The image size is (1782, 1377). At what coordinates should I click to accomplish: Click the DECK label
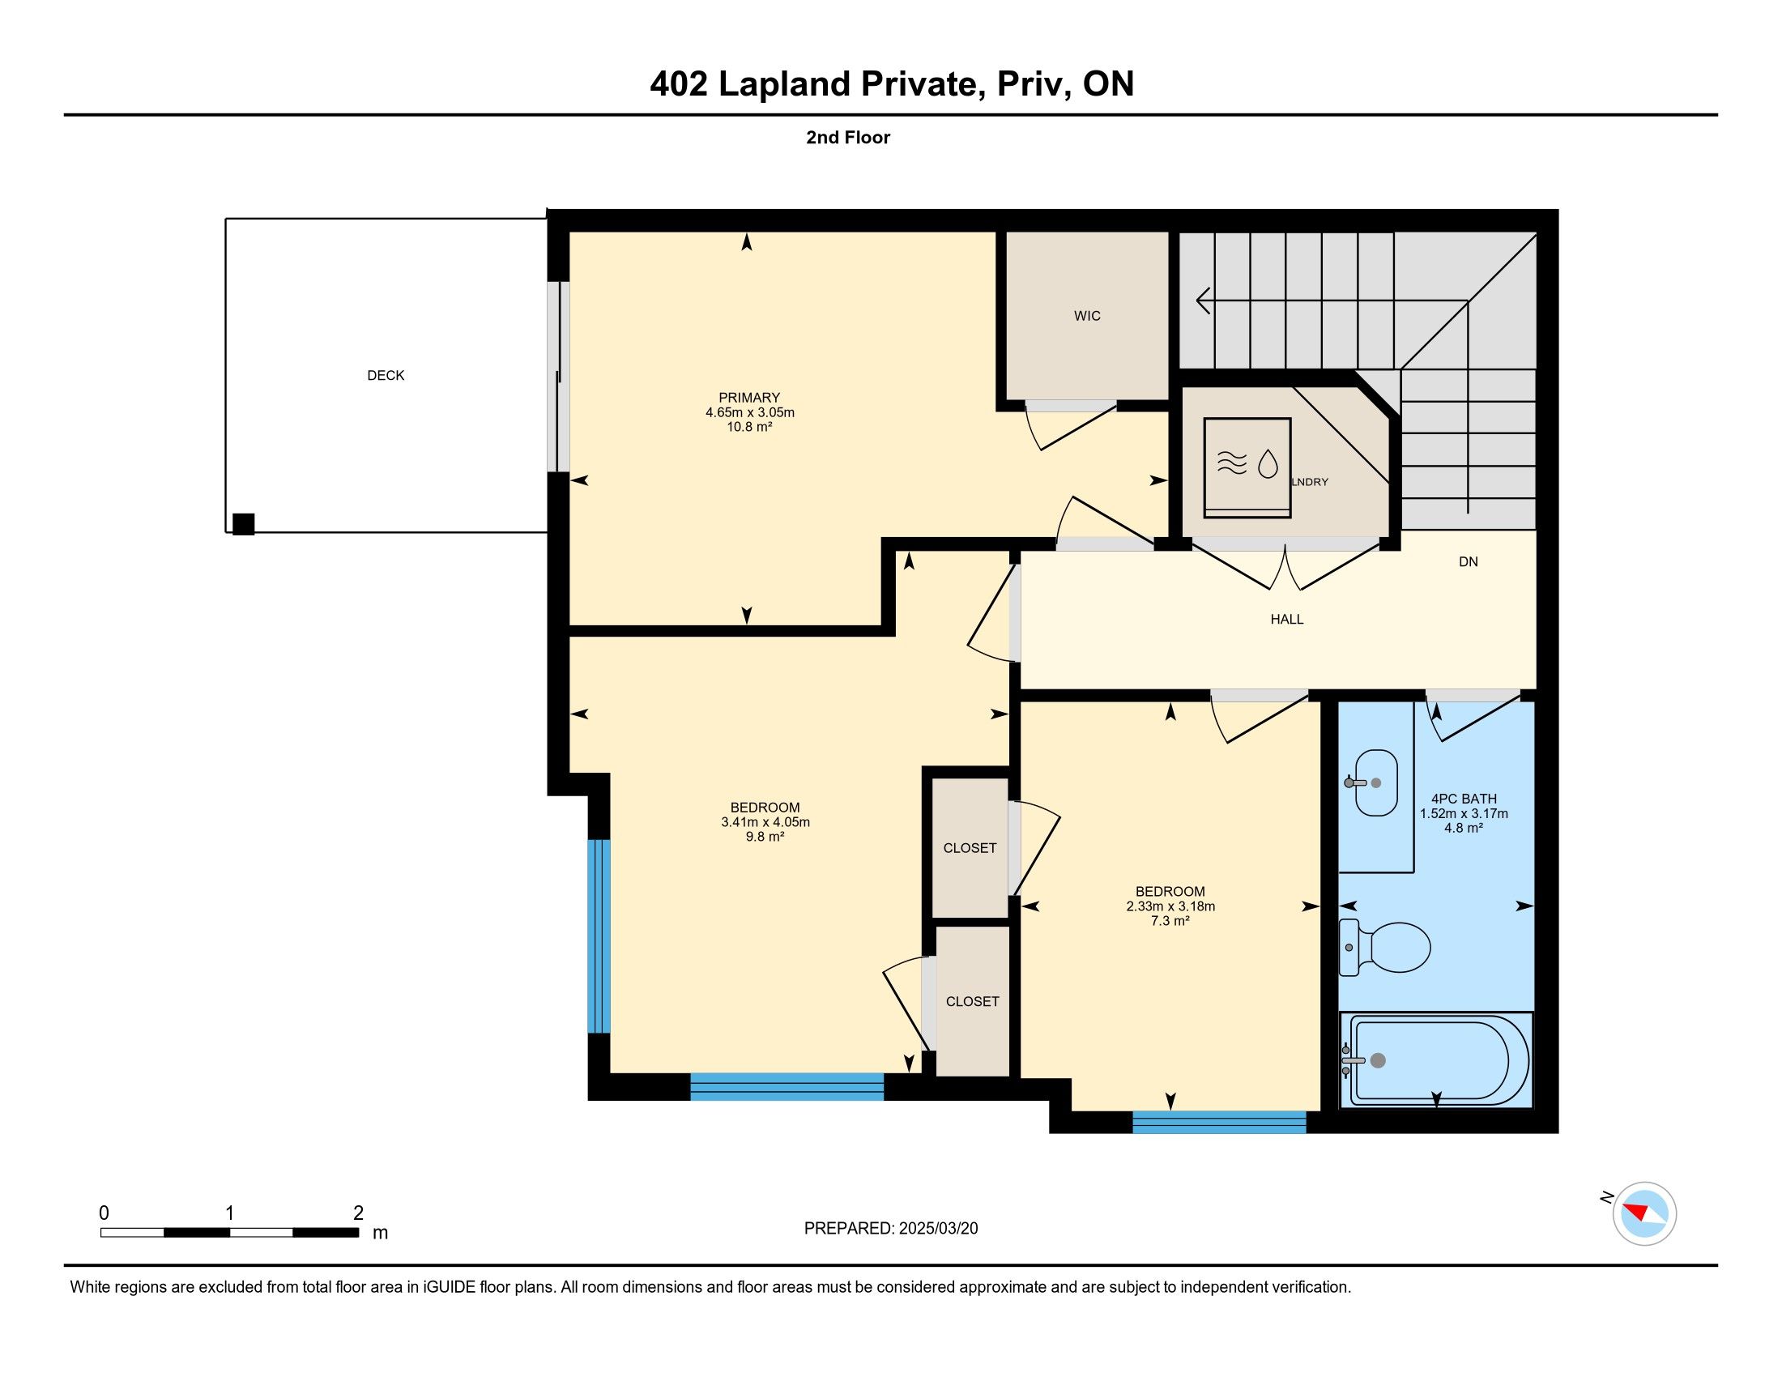386,375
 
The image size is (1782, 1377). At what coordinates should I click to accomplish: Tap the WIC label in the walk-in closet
1087,316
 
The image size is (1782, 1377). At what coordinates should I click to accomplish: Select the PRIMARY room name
749,398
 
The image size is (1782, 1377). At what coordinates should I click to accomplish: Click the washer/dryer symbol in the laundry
1247,467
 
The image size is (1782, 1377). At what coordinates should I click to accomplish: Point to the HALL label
1287,619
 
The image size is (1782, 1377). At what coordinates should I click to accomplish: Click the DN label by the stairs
1468,561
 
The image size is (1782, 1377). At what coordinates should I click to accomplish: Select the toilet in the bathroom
1385,947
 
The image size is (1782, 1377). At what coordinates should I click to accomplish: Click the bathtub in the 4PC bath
1436,1059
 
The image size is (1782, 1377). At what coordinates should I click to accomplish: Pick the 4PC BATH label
1464,799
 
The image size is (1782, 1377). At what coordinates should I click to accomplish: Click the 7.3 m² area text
1170,921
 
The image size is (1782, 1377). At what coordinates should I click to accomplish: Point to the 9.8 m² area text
765,837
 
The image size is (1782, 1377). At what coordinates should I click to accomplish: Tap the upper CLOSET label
970,848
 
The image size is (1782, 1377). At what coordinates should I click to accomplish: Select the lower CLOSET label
972,1002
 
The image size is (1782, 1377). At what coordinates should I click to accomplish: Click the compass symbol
1643,1213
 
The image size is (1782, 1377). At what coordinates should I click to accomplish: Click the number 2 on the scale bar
357,1213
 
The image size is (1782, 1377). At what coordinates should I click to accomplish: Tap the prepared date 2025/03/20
937,1229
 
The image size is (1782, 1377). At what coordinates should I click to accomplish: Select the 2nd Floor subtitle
848,137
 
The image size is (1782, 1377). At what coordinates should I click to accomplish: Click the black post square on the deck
243,524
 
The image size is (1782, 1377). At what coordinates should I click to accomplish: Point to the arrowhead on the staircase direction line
1202,301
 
